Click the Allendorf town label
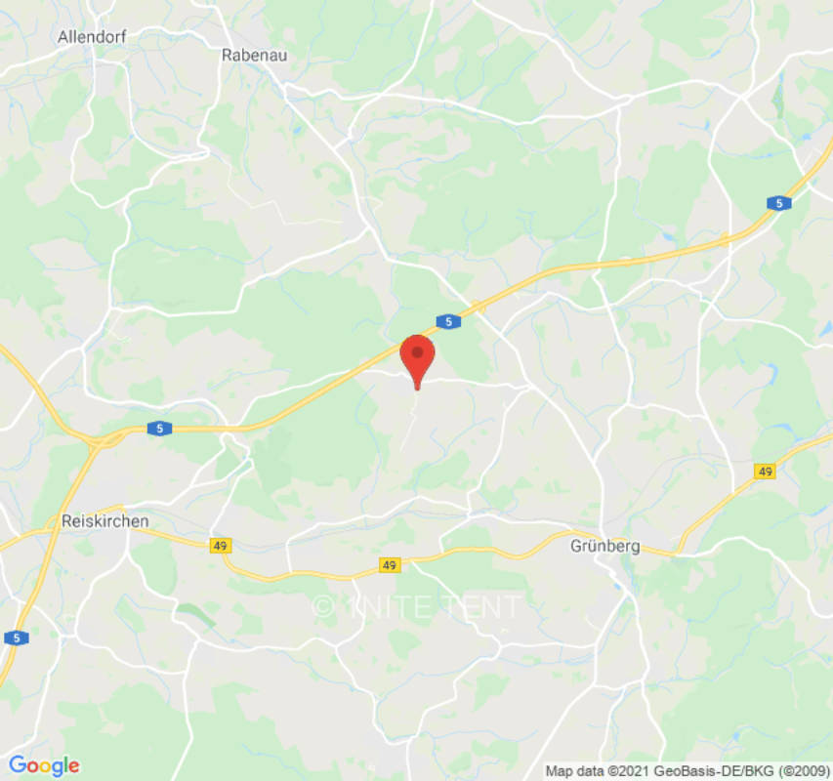pos(92,37)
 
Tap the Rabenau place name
pos(254,56)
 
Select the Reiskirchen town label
pos(104,521)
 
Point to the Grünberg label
pos(604,547)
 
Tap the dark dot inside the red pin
pos(418,351)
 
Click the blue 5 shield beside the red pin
pos(446,321)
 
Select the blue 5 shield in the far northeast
pos(777,203)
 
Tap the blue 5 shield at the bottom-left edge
pos(17,637)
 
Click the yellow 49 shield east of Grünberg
pos(765,472)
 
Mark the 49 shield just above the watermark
pos(390,565)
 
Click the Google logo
pos(43,765)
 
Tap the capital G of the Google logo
pos(17,765)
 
